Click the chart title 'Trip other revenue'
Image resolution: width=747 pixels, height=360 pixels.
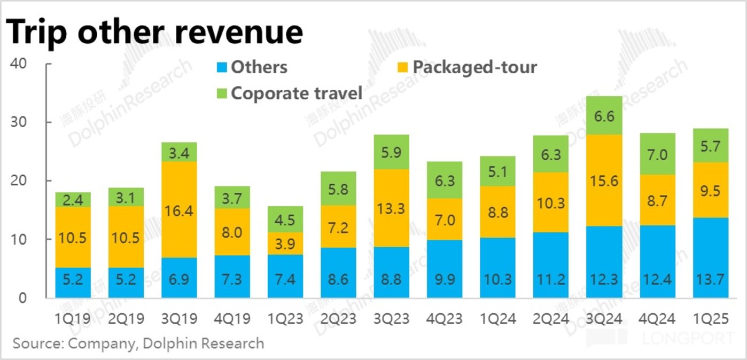(x=155, y=32)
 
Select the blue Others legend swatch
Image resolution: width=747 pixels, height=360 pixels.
(x=222, y=67)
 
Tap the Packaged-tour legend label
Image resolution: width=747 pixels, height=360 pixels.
(x=474, y=67)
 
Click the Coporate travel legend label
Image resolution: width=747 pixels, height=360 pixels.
(x=297, y=93)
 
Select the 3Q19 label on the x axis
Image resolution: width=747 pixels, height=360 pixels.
(x=179, y=319)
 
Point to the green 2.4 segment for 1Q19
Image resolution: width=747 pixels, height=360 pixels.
(x=73, y=200)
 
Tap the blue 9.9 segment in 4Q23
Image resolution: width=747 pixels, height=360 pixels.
(x=444, y=269)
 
